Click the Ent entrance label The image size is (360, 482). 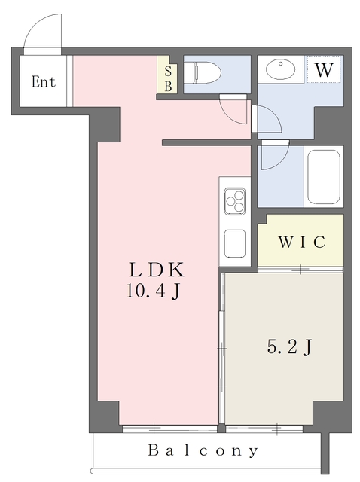pos(44,82)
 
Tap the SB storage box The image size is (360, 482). pos(167,74)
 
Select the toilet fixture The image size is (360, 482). pos(207,72)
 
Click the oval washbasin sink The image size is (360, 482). pos(280,69)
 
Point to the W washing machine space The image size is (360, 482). pos(324,69)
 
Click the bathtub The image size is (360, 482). pos(324,176)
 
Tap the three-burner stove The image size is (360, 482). pos(235,201)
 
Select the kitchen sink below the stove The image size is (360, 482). pos(235,243)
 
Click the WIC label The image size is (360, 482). pos(302,242)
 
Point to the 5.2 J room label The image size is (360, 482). pos(289,347)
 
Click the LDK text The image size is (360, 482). pos(157,270)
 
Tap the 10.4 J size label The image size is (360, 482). pos(153,291)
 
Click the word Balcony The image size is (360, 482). pos(203,450)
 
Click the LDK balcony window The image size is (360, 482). pos(169,429)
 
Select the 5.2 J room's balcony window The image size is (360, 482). pos(264,429)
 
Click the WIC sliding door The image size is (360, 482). pos(300,270)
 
